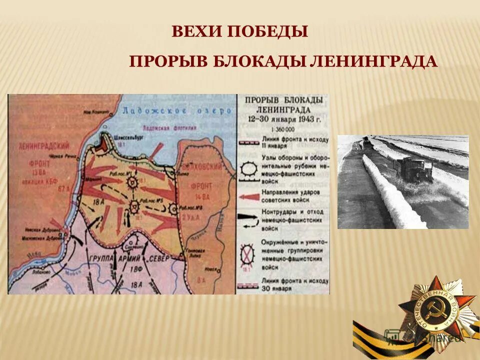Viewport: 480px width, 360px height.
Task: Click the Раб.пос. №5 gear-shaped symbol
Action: click(x=134, y=205)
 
